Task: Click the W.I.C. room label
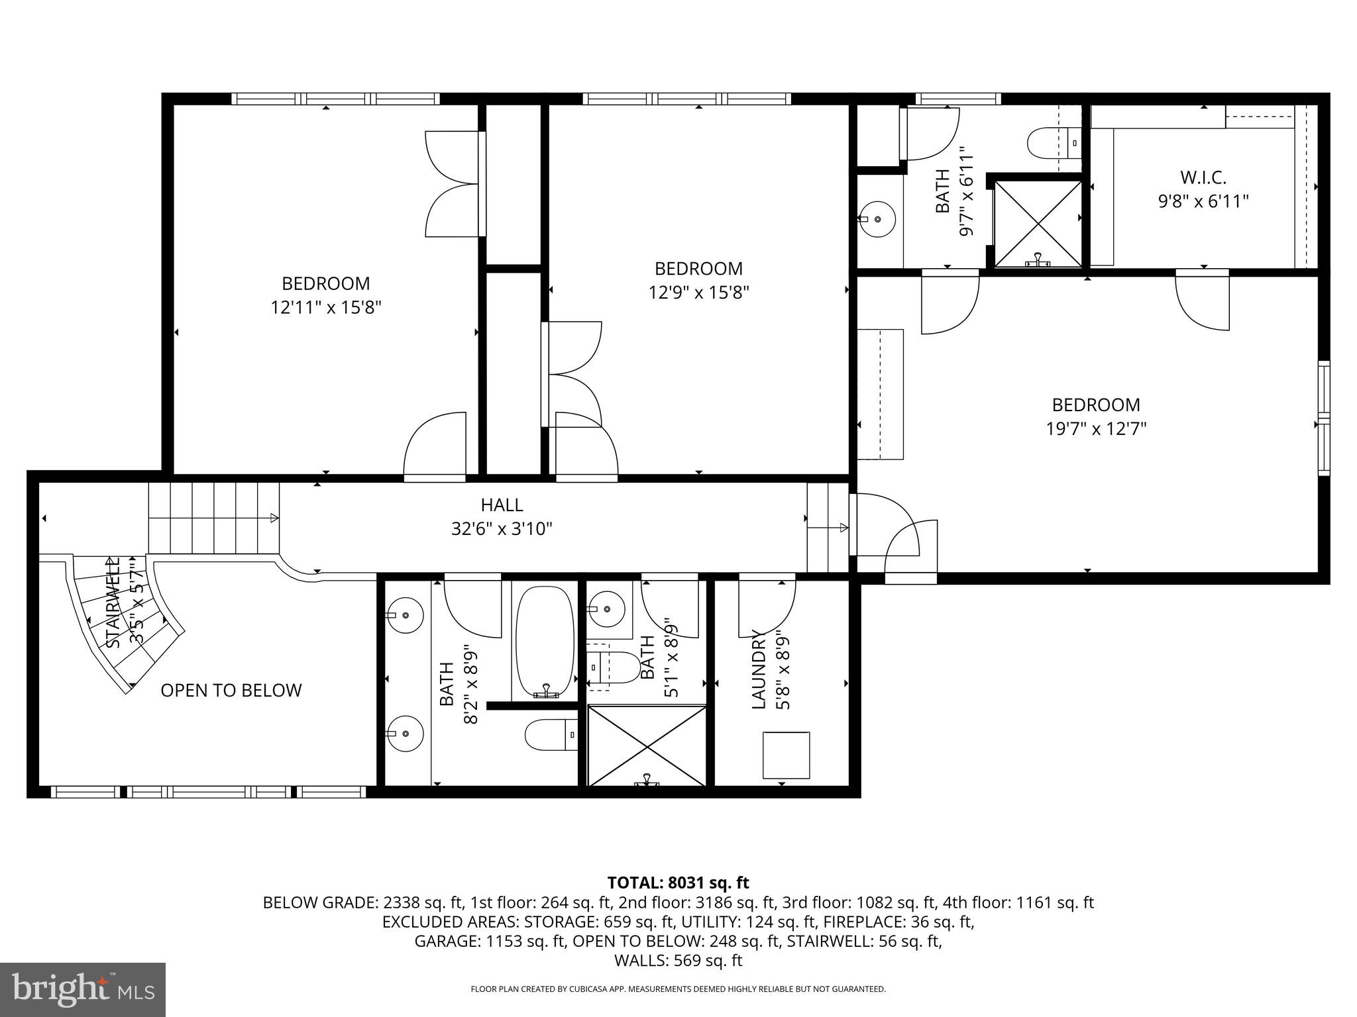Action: pos(1203,177)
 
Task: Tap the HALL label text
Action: pos(502,505)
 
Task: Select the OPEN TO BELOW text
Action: pos(231,691)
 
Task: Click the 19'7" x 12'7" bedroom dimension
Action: pos(1096,429)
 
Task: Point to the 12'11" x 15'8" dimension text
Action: pos(326,308)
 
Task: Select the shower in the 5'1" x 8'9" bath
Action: pos(647,746)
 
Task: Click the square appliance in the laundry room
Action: pos(786,755)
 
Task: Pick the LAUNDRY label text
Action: pos(759,670)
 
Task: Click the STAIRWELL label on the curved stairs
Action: pos(114,603)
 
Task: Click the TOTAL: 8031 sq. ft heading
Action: pos(678,883)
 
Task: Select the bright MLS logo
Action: pos(83,989)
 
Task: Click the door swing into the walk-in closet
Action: pos(1203,301)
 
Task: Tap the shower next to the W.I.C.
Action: pos(1038,224)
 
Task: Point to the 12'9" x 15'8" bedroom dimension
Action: pos(698,293)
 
